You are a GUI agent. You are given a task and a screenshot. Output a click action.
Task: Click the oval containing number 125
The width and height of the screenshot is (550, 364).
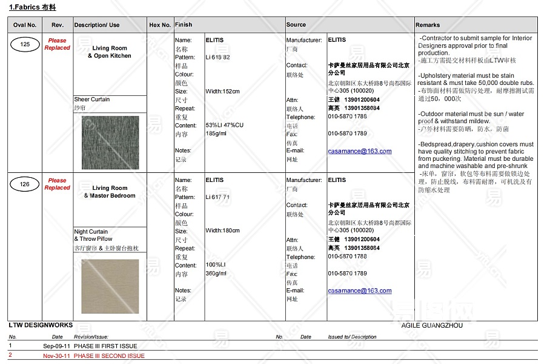pyautogui.click(x=25, y=44)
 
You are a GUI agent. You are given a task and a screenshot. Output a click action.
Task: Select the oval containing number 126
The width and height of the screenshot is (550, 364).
pyautogui.click(x=25, y=184)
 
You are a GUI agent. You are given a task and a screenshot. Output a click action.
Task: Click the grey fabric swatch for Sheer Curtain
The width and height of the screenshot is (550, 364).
pyautogui.click(x=110, y=143)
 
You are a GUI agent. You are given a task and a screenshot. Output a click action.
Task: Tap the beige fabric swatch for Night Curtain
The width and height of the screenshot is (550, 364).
pyautogui.click(x=110, y=286)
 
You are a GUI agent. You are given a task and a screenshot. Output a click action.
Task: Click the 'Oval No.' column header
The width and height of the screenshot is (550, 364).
pyautogui.click(x=25, y=25)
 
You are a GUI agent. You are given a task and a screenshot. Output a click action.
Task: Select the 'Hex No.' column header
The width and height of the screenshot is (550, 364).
pyautogui.click(x=160, y=25)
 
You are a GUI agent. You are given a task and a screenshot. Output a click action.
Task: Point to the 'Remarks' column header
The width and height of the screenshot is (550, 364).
pyautogui.click(x=428, y=25)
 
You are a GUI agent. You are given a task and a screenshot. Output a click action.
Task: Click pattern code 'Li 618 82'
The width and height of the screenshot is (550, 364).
pyautogui.click(x=218, y=57)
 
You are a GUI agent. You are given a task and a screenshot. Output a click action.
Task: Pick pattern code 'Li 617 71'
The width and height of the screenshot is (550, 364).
pyautogui.click(x=218, y=197)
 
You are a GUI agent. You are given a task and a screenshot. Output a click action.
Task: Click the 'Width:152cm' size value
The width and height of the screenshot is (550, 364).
pyautogui.click(x=222, y=92)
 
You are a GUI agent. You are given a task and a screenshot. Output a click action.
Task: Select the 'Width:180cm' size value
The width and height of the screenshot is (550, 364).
pyautogui.click(x=222, y=231)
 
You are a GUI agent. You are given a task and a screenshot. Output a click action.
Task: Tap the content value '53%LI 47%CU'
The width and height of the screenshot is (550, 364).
pyautogui.click(x=224, y=125)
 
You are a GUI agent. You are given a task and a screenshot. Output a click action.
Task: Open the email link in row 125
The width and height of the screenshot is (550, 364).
pyautogui.click(x=360, y=151)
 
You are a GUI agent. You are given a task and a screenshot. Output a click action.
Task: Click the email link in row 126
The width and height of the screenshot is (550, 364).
pyautogui.click(x=360, y=291)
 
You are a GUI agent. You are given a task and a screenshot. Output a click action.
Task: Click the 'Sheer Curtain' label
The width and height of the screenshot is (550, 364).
pyautogui.click(x=92, y=99)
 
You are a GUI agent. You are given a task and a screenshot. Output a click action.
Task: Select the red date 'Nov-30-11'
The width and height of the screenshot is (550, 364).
pyautogui.click(x=56, y=356)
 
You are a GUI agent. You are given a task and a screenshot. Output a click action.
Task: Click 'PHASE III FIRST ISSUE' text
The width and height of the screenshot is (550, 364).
pyautogui.click(x=105, y=346)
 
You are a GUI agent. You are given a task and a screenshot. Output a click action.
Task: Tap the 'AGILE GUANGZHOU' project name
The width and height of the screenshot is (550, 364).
pyautogui.click(x=432, y=325)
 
